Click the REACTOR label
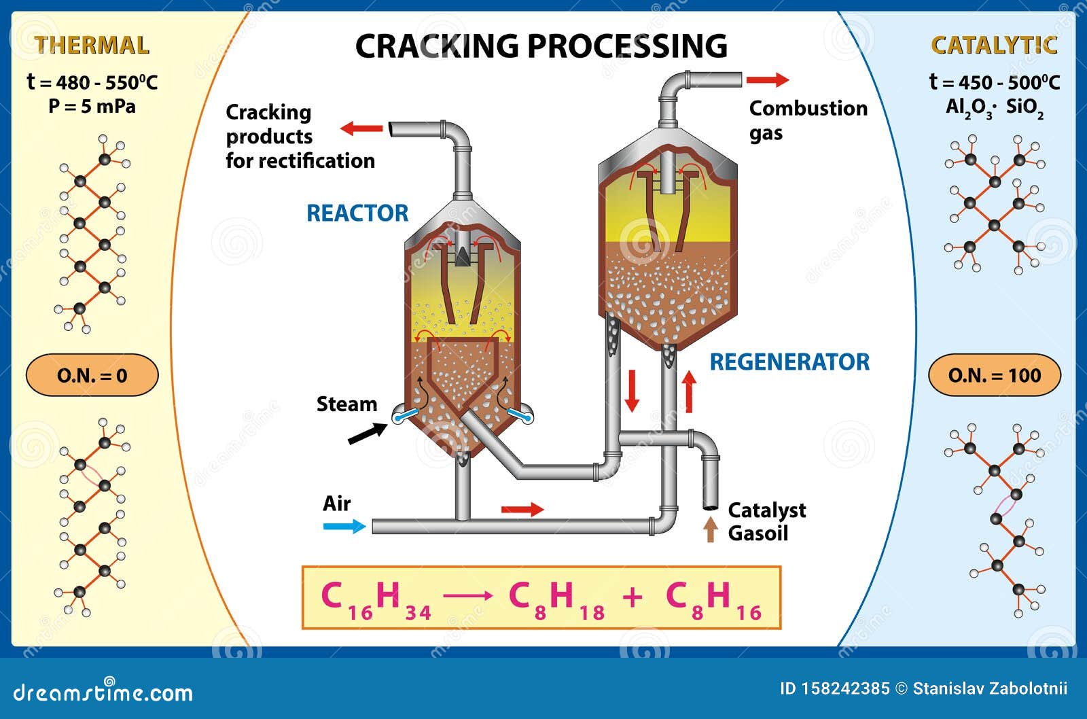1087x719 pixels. [x=357, y=213]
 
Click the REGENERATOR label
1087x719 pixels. [x=789, y=362]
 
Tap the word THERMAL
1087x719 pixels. [x=92, y=45]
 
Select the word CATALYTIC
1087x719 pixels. [x=994, y=45]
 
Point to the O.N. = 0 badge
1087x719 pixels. [x=92, y=375]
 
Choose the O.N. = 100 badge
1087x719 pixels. [x=995, y=375]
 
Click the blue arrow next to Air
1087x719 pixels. [x=344, y=526]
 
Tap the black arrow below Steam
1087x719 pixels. [x=368, y=434]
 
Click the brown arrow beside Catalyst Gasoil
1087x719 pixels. [x=711, y=529]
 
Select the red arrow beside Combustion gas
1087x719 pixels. [x=768, y=80]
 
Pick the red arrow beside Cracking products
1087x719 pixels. [x=361, y=128]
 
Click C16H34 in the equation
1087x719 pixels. [x=376, y=599]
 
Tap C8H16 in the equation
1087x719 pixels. [x=713, y=599]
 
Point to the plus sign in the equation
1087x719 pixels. [x=632, y=597]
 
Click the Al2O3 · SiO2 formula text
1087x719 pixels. [x=995, y=108]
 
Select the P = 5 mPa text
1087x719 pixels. [x=92, y=106]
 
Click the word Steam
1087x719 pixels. [x=346, y=404]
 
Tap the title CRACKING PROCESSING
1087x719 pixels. [x=541, y=46]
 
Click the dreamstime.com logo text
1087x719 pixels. [x=103, y=692]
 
